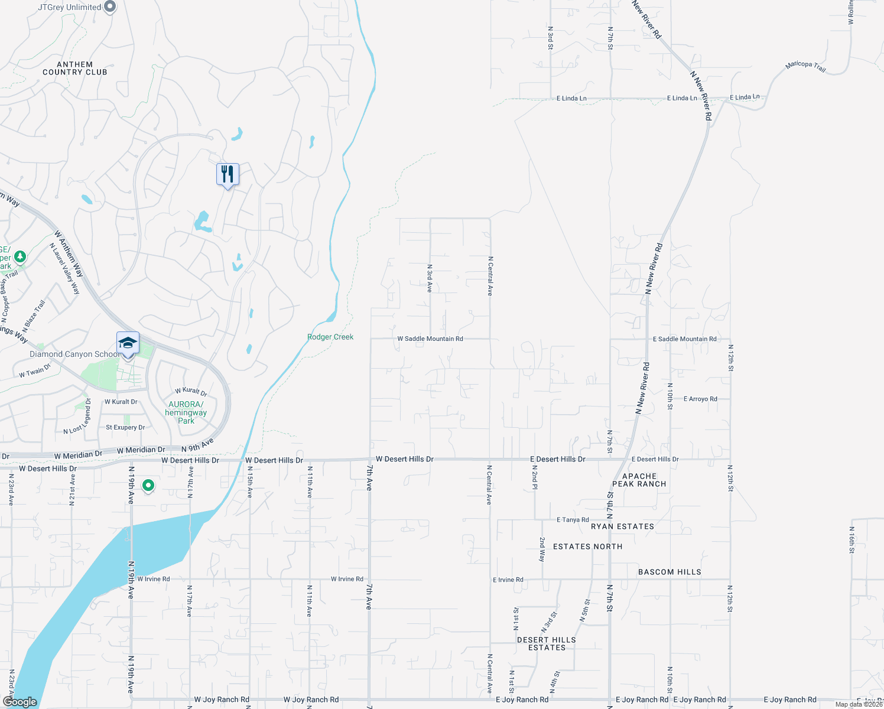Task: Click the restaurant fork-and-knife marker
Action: [x=227, y=174]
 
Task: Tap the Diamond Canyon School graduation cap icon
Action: [x=128, y=343]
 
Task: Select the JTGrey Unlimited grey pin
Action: [x=110, y=7]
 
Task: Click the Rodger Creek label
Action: [x=330, y=337]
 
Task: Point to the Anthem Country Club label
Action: [x=75, y=69]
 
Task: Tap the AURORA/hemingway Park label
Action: [x=186, y=412]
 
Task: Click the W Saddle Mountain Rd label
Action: [x=430, y=339]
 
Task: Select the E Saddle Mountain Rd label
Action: [x=684, y=339]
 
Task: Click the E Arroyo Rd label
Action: [x=700, y=399]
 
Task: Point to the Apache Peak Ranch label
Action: [x=639, y=480]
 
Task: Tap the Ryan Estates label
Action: [x=622, y=526]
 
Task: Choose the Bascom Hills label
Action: [x=669, y=572]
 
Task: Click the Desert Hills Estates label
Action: [x=547, y=644]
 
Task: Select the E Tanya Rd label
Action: [x=573, y=520]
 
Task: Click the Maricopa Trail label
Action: [x=805, y=66]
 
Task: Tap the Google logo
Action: [x=20, y=702]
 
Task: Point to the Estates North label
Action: [x=587, y=547]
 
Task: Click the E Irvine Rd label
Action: [x=508, y=580]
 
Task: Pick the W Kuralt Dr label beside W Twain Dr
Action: [x=121, y=402]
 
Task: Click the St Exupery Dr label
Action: [x=125, y=428]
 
